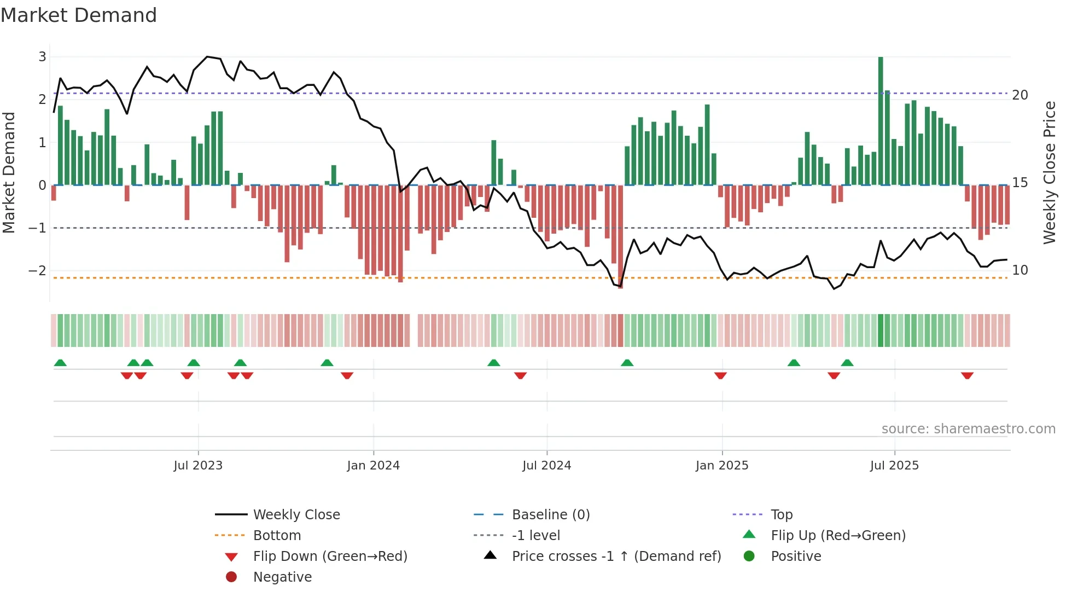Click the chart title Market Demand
pyautogui.click(x=79, y=15)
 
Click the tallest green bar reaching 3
pyautogui.click(x=881, y=120)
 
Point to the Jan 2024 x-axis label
pyautogui.click(x=373, y=466)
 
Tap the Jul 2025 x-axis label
pyautogui.click(x=894, y=466)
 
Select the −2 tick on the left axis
pyautogui.click(x=37, y=270)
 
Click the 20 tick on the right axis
pyautogui.click(x=1020, y=95)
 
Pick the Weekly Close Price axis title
pyautogui.click(x=1049, y=172)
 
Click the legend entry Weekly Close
pyautogui.click(x=296, y=515)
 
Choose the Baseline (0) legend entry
pyautogui.click(x=550, y=515)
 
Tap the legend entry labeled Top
pyautogui.click(x=781, y=515)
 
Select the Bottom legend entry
pyautogui.click(x=277, y=536)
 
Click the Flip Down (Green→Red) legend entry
pyautogui.click(x=330, y=556)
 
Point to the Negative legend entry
pyautogui.click(x=282, y=577)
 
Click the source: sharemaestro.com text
pyautogui.click(x=968, y=429)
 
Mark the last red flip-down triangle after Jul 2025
pyautogui.click(x=967, y=375)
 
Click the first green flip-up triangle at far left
pyautogui.click(x=60, y=363)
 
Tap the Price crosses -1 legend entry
pyautogui.click(x=616, y=556)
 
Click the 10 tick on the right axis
pyautogui.click(x=1020, y=270)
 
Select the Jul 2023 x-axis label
pyautogui.click(x=198, y=466)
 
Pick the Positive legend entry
pyautogui.click(x=795, y=556)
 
